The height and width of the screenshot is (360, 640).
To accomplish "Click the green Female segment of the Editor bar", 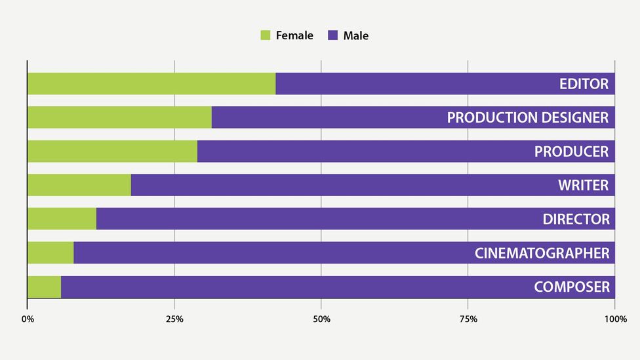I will [x=151, y=84].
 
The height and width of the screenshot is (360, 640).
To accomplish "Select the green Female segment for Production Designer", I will [x=119, y=117].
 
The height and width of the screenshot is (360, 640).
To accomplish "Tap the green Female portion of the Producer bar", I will [x=112, y=151].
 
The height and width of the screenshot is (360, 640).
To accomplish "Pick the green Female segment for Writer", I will [x=79, y=185].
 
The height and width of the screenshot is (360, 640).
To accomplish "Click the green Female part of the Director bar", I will [x=62, y=219].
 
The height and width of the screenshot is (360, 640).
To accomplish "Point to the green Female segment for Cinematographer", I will [x=50, y=252].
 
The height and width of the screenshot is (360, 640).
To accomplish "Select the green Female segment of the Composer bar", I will [x=44, y=287].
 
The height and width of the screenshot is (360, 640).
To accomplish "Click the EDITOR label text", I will [x=584, y=84].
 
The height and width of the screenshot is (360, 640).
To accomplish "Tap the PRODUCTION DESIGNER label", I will [x=528, y=117].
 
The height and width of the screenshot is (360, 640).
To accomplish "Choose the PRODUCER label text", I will [x=571, y=151].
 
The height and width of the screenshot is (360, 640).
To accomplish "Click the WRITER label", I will [x=583, y=185].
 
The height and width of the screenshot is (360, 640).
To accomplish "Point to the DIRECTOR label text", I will [x=576, y=219].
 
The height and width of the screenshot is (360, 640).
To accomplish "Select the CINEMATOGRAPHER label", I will [x=542, y=252].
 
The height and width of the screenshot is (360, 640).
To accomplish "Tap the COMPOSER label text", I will [x=571, y=287].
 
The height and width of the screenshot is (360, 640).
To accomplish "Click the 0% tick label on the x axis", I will [x=28, y=319].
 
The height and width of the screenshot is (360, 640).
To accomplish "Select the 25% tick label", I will [x=174, y=319].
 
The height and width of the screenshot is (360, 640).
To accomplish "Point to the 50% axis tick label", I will [x=321, y=319].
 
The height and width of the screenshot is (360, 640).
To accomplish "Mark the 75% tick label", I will [x=468, y=319].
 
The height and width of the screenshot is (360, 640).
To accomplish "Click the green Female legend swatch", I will [x=265, y=35].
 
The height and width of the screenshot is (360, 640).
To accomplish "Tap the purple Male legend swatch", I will [x=332, y=35].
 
